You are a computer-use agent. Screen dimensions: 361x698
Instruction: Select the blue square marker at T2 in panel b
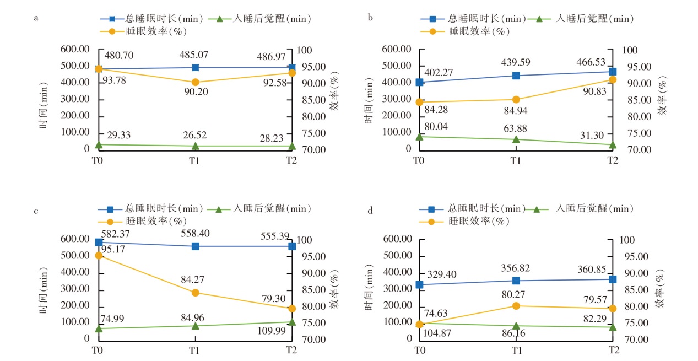pos(613,72)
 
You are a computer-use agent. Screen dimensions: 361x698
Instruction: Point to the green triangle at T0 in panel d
pos(420,324)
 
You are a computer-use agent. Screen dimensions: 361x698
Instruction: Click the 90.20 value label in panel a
pos(196,92)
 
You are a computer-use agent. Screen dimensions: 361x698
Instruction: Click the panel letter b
pos(370,18)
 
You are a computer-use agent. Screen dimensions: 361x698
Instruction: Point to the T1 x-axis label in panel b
pos(516,161)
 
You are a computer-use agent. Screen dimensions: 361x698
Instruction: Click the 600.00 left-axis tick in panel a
pos(78,49)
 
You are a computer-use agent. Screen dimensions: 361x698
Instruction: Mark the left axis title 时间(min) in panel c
pos(45,289)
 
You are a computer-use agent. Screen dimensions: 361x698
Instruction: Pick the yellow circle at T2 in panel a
pos(291,73)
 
